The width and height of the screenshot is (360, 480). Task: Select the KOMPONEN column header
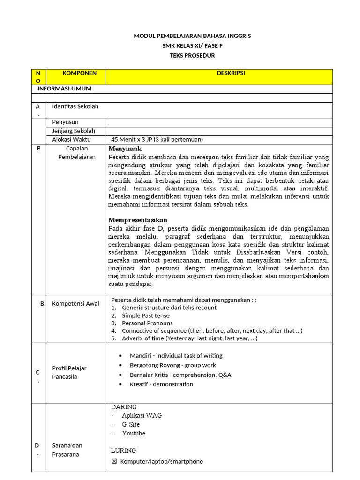80,73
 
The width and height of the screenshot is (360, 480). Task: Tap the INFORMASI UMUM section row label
65,89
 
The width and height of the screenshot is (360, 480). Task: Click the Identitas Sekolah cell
75,106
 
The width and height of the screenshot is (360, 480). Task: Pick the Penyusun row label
65,122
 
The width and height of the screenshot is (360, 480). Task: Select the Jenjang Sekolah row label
74,131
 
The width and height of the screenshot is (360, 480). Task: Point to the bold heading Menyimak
122,149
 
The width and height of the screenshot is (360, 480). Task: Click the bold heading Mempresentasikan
138,220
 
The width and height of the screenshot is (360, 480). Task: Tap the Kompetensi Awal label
75,303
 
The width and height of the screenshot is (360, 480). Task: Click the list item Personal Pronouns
147,323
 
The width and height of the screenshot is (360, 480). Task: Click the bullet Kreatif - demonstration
161,384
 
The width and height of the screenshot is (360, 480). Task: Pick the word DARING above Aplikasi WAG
124,407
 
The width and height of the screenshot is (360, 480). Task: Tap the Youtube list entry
134,433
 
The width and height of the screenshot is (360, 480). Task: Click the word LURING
123,450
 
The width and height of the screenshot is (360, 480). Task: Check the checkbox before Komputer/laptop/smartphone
114,462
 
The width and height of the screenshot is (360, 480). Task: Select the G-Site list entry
131,424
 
